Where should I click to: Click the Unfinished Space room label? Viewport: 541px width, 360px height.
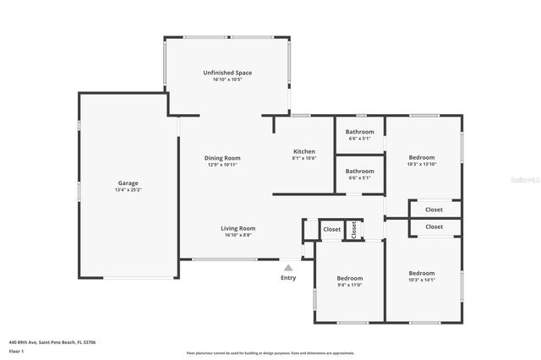click(x=227, y=73)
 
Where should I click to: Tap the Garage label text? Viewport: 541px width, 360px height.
click(x=128, y=183)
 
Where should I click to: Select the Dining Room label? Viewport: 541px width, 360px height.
click(x=222, y=158)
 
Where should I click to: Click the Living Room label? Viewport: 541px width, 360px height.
click(x=238, y=228)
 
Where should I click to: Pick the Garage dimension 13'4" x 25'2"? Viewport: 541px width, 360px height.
click(x=128, y=190)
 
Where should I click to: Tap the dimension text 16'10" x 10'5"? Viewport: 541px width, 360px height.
click(x=227, y=80)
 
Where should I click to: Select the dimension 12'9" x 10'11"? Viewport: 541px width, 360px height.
click(x=222, y=165)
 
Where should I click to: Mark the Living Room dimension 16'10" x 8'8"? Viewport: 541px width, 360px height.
click(x=238, y=235)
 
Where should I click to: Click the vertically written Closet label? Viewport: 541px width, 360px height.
click(x=354, y=229)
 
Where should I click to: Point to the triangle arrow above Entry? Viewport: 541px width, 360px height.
click(x=287, y=268)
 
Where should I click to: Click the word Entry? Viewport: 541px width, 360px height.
click(x=288, y=277)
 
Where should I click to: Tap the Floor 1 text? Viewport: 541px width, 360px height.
click(x=16, y=351)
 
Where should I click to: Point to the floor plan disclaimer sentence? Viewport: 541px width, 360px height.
click(x=270, y=352)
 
